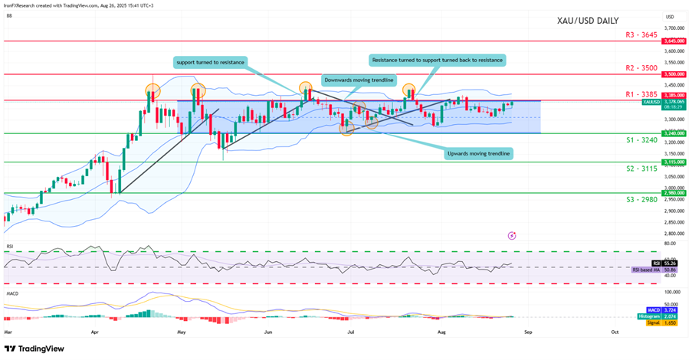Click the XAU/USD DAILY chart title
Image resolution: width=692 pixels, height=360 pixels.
point(588,21)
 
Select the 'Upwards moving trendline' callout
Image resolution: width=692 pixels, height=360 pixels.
point(478,154)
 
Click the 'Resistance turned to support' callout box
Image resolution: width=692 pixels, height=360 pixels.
point(437,59)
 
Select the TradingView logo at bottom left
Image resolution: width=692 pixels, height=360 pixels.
point(34,349)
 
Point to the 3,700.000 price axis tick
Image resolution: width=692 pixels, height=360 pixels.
point(674,28)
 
